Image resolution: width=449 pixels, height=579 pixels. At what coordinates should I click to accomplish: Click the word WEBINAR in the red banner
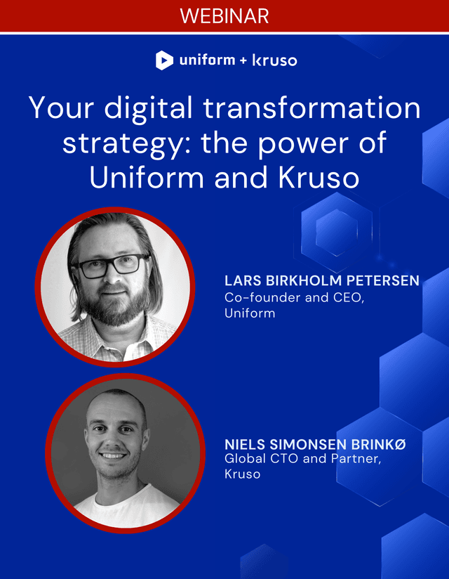[224, 15]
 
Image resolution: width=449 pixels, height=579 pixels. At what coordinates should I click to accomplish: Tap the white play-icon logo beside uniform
[164, 60]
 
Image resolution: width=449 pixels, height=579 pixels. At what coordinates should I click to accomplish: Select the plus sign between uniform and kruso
[243, 61]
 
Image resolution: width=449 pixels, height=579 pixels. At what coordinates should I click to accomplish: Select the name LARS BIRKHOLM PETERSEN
[322, 281]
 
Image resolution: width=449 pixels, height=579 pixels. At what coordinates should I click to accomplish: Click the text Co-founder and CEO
[276, 297]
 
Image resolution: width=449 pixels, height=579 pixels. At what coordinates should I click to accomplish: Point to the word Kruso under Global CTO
[242, 474]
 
